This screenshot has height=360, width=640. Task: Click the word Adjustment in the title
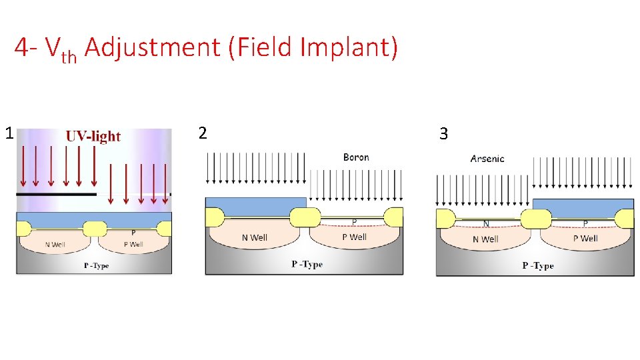(153, 47)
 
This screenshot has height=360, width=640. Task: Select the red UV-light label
(93, 136)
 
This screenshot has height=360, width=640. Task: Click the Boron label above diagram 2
(356, 157)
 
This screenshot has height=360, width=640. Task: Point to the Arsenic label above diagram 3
(487, 159)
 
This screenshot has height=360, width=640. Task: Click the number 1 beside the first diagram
(9, 133)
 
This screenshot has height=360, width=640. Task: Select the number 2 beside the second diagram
(203, 133)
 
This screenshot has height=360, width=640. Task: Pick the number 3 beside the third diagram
(443, 134)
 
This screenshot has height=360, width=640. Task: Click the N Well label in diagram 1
(56, 244)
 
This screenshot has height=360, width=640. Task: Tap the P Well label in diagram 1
(133, 244)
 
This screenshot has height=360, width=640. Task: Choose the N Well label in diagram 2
(255, 237)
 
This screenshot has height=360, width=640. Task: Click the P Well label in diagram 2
(354, 237)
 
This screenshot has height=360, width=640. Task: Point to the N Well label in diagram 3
(485, 239)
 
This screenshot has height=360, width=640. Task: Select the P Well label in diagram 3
(585, 238)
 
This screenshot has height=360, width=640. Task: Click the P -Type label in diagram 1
(96, 266)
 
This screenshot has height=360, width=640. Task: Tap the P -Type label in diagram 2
(307, 264)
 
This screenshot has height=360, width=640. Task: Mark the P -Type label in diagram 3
(538, 265)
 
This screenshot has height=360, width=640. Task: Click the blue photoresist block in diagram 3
(583, 207)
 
